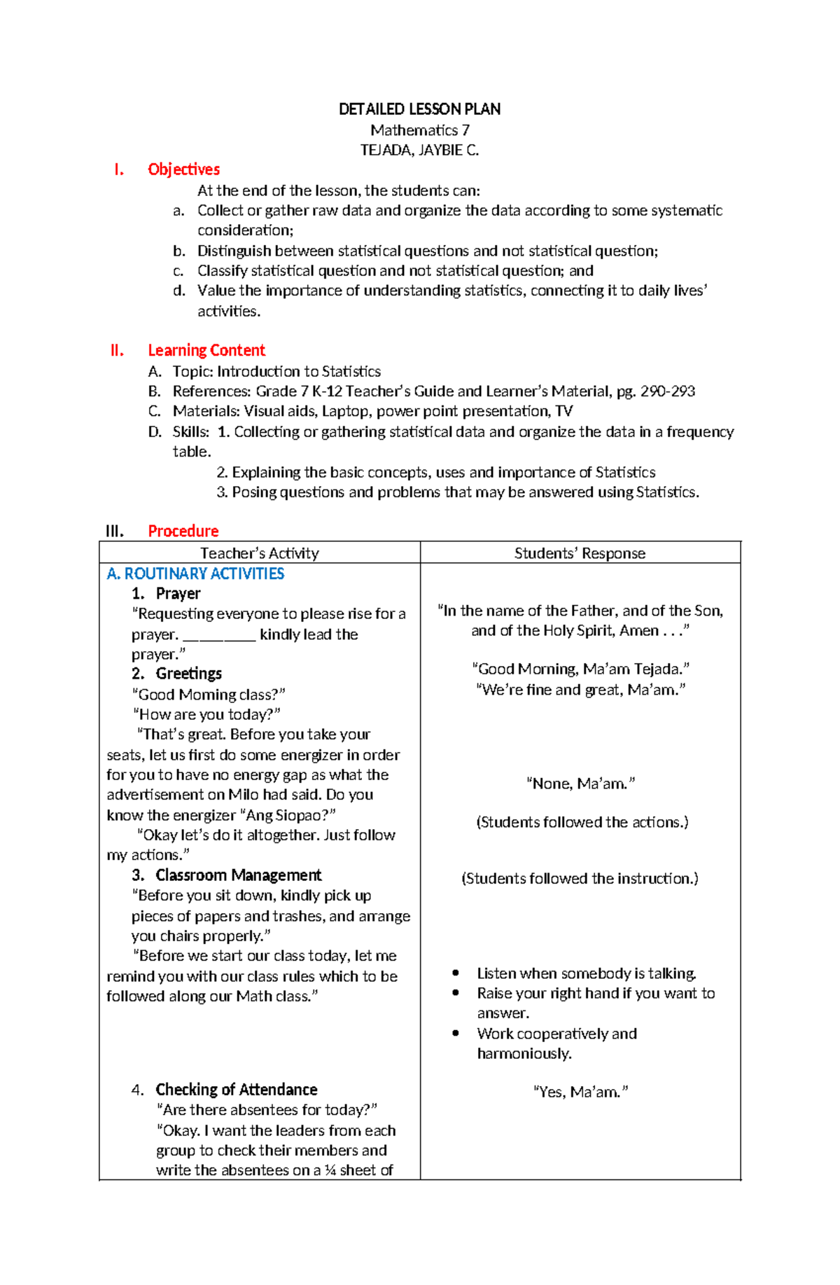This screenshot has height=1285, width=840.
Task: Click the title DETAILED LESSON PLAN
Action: tap(419, 109)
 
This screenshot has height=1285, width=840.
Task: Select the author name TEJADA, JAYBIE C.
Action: tap(419, 150)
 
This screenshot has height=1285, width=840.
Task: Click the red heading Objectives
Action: tap(183, 169)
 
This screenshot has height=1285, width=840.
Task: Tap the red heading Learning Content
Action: tap(206, 350)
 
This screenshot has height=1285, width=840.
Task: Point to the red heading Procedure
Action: tap(183, 531)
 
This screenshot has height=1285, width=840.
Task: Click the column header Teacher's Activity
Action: tap(259, 553)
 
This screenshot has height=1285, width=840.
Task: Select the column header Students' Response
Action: tap(580, 553)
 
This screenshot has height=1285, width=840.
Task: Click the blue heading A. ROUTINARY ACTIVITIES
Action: tap(195, 574)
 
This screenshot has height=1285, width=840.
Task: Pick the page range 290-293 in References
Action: tap(667, 391)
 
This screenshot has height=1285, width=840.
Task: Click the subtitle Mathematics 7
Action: tap(419, 130)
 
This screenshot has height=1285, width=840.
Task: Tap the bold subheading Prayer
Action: tap(178, 594)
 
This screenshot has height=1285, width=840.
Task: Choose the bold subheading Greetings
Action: tap(188, 674)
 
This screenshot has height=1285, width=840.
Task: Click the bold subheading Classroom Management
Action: tap(238, 875)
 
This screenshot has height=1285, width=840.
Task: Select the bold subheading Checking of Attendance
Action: tap(236, 1090)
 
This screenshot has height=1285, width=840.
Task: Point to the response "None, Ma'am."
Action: tap(580, 784)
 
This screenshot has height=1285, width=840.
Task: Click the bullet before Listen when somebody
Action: tap(456, 973)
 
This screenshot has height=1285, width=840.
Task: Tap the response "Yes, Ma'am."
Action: tap(580, 1092)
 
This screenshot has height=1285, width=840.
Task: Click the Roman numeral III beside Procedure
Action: tap(115, 531)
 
